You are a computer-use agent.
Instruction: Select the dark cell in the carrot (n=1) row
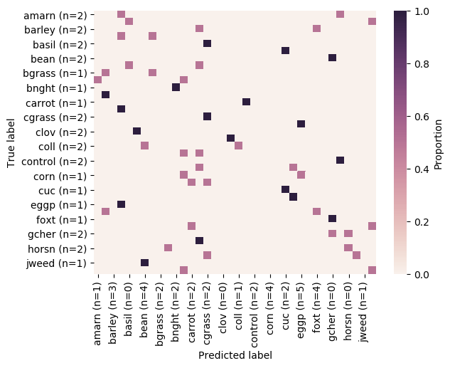click(x=246, y=102)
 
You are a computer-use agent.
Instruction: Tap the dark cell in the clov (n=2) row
click(x=136, y=131)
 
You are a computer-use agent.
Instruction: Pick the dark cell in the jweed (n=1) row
click(x=144, y=263)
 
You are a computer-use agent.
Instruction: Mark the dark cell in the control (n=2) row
click(x=340, y=160)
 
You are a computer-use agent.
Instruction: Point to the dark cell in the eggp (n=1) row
click(x=121, y=204)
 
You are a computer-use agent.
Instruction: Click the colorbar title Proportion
click(x=438, y=142)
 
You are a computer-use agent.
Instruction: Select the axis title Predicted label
click(x=235, y=354)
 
